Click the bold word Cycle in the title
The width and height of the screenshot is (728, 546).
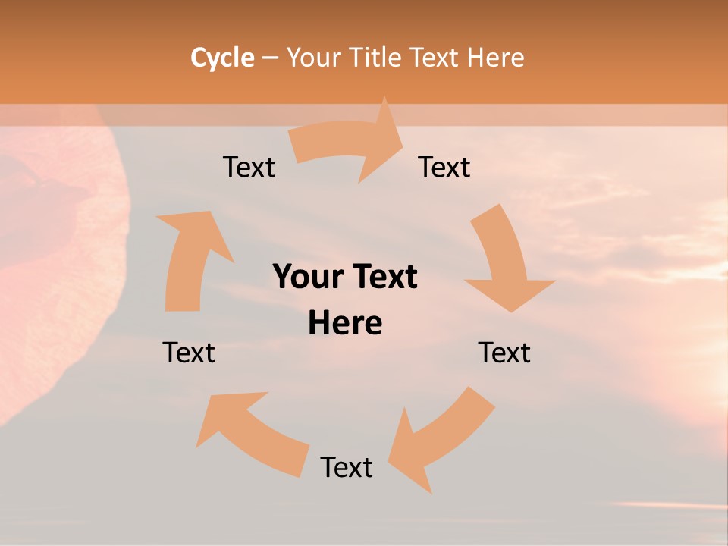point(222,58)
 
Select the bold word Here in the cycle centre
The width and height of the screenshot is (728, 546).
point(345,324)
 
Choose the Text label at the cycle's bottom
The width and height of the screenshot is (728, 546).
point(347,467)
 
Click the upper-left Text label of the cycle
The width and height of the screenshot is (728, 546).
point(249,167)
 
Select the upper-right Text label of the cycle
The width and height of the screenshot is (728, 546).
point(444,167)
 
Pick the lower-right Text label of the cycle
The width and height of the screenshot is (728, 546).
point(504,353)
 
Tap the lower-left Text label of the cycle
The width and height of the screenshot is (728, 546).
point(189,353)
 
